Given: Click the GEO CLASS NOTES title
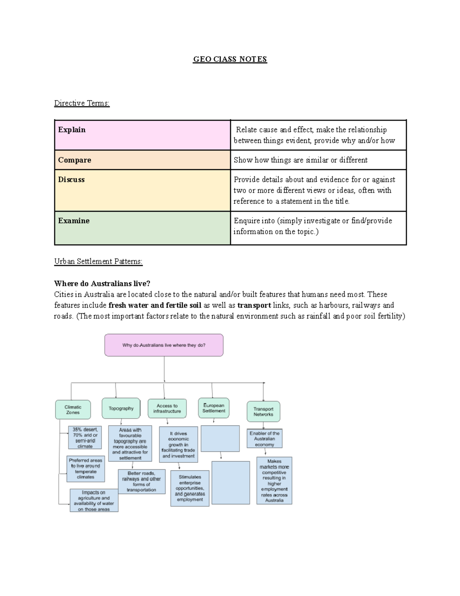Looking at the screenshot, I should [230, 59].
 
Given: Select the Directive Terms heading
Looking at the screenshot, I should [82, 103].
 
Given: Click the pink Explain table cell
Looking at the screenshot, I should [142, 135].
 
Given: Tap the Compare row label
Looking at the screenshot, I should [75, 160].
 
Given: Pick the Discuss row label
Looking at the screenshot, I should [71, 180].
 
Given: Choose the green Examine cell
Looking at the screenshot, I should [142, 228].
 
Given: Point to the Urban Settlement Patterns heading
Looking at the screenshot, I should [98, 261].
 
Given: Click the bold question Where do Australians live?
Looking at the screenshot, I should [102, 284].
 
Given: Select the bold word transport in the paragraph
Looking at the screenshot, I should [254, 305].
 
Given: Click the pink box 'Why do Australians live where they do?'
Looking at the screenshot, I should [164, 345].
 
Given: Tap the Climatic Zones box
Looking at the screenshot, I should [73, 410].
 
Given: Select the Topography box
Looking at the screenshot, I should [121, 408].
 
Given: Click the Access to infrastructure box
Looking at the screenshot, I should [167, 408].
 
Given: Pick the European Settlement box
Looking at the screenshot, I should [214, 408].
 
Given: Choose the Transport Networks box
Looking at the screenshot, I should [263, 411].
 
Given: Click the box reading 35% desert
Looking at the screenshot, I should [85, 438].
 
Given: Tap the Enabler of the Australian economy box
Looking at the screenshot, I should [264, 439].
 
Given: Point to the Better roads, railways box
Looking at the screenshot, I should [141, 482].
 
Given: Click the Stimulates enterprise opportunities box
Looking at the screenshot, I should [190, 488].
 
